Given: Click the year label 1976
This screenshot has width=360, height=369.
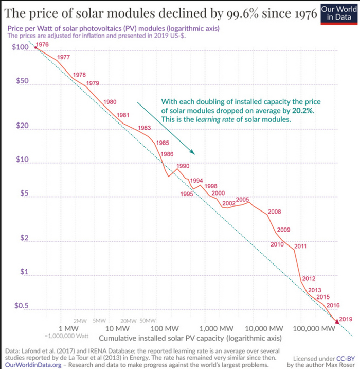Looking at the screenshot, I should (43, 45).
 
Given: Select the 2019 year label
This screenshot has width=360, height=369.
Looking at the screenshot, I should (346, 319).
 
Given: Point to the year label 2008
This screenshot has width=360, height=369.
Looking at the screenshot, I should (275, 212).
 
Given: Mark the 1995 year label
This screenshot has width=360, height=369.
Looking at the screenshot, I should (187, 194).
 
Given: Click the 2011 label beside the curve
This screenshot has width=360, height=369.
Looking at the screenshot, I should (300, 246).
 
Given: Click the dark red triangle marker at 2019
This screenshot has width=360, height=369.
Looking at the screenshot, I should (337, 321).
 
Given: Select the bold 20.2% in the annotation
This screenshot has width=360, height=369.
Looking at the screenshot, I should (303, 110).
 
